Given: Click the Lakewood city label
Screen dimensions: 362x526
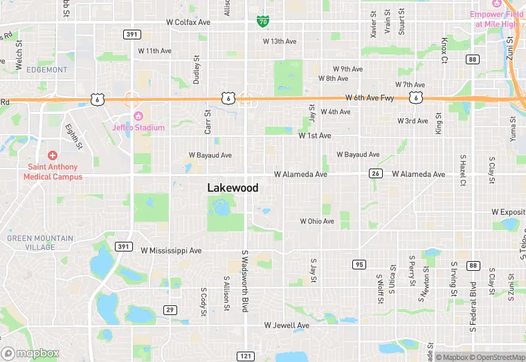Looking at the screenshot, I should [x=233, y=188].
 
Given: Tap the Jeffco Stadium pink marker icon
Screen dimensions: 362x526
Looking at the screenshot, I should [x=138, y=115].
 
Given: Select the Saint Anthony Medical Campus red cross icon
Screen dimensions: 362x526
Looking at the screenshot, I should [x=52, y=156].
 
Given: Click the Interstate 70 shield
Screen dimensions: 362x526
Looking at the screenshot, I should [x=262, y=21].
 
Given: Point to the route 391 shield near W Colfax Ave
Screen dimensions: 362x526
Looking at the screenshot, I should [x=131, y=34].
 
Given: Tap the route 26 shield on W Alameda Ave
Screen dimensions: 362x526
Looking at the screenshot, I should [x=376, y=173].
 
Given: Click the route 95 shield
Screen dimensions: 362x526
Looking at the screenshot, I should [x=359, y=265].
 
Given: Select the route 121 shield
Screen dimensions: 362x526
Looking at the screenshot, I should [x=245, y=355].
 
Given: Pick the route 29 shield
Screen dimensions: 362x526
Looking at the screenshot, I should [x=170, y=309].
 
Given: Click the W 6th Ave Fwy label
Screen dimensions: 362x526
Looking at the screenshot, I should [x=370, y=98].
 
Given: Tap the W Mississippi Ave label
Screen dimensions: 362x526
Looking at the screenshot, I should [x=171, y=250].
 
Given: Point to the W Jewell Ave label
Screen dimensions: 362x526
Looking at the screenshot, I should [x=287, y=325].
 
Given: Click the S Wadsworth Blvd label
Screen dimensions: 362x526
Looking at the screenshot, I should [x=244, y=280].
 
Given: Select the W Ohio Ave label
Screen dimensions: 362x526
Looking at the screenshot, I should [x=317, y=222].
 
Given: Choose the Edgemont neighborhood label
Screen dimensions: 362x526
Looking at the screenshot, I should [x=47, y=70].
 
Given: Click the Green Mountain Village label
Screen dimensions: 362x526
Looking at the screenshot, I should [x=40, y=242].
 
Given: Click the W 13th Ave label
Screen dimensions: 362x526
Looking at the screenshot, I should [x=280, y=41].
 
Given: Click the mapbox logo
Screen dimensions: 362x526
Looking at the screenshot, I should [x=30, y=353].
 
